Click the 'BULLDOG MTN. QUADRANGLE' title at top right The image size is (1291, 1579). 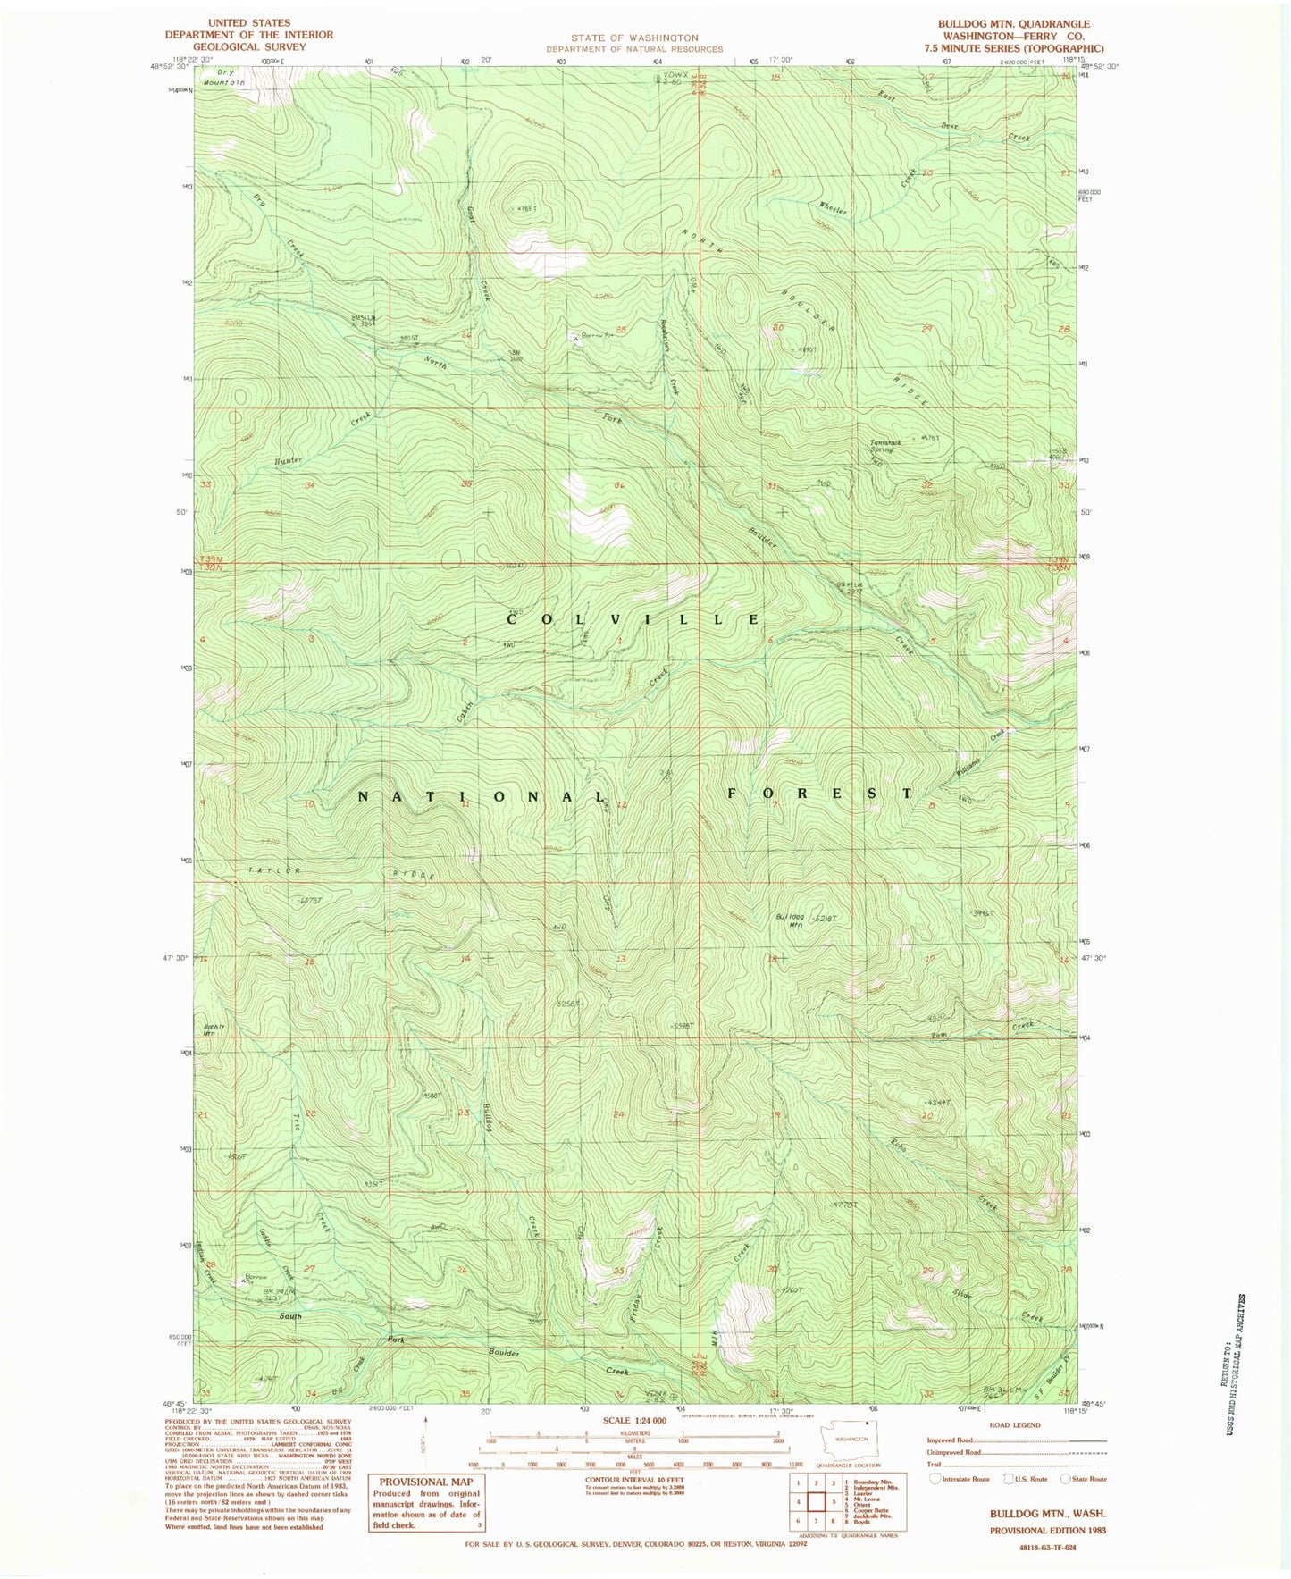pyautogui.click(x=1013, y=24)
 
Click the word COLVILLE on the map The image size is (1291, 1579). pyautogui.click(x=634, y=619)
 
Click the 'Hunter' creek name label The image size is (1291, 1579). pyautogui.click(x=289, y=460)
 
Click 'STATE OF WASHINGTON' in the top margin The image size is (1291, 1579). pyautogui.click(x=634, y=38)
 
